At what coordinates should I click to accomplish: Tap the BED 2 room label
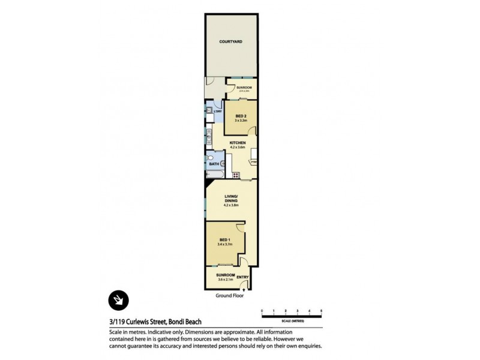[x=241, y=116]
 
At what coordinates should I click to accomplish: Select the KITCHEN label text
[x=238, y=142]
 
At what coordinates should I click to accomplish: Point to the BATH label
[x=214, y=163]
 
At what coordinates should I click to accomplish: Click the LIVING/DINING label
[x=231, y=197]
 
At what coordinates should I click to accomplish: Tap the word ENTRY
[x=242, y=277]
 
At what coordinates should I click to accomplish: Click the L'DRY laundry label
[x=218, y=111]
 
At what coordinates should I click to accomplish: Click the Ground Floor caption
[x=231, y=296]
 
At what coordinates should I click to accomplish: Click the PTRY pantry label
[x=254, y=161]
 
